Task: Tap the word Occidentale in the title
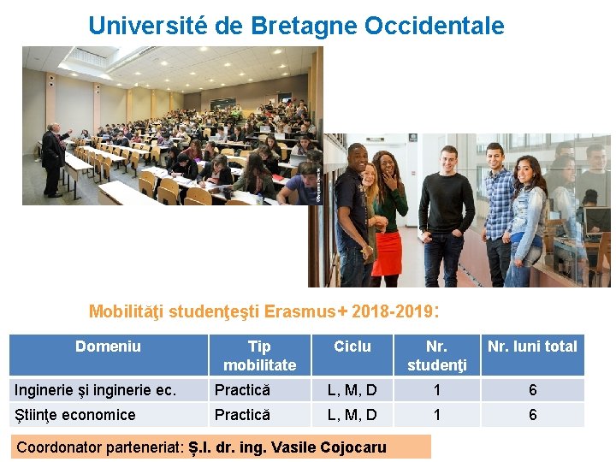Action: tap(434, 26)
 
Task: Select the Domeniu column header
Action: tap(108, 346)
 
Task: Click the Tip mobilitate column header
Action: tap(259, 355)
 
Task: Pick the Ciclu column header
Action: tap(352, 346)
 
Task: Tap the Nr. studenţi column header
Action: tap(436, 355)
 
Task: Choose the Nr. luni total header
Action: tap(532, 346)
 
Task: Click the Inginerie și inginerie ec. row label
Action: tap(95, 390)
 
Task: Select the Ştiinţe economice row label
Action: tap(74, 415)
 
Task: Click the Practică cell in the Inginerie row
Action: tap(242, 390)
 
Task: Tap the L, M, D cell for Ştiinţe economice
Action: tap(352, 415)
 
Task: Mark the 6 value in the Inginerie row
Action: tap(532, 390)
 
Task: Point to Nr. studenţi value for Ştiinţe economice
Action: tap(436, 415)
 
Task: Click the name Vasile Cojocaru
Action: tap(329, 447)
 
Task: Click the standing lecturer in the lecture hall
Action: tap(54, 158)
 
